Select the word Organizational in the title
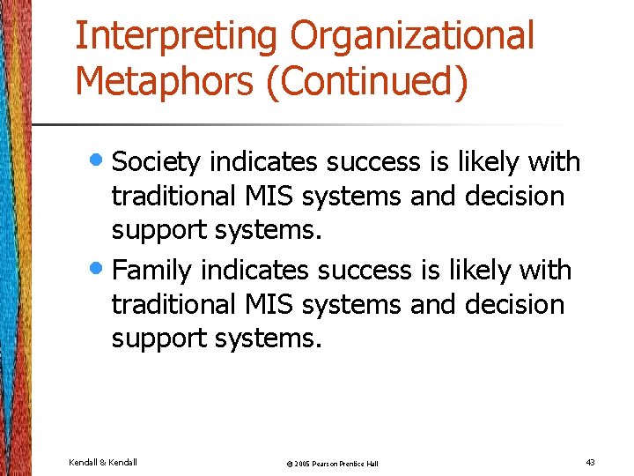click(412, 37)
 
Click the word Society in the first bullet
click(157, 162)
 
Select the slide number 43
click(589, 463)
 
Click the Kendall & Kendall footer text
click(103, 463)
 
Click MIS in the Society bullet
click(270, 197)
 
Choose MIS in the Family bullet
click(270, 304)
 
